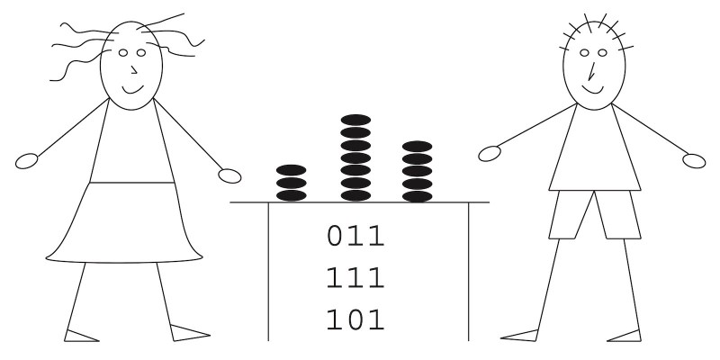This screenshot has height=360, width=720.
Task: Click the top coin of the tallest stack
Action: (x=355, y=120)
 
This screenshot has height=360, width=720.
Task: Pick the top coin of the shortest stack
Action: (x=291, y=170)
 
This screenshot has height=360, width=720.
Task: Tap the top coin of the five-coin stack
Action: (x=417, y=145)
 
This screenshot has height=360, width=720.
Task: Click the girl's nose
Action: (x=134, y=69)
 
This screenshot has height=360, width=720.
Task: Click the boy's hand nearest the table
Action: (x=489, y=155)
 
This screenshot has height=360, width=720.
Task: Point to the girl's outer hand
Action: (x=27, y=162)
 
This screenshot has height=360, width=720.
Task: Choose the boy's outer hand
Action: (x=694, y=160)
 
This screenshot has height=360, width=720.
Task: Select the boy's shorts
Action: (x=594, y=214)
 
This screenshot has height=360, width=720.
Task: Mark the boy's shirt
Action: (x=594, y=148)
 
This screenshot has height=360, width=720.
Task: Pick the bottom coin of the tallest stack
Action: (x=355, y=195)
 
